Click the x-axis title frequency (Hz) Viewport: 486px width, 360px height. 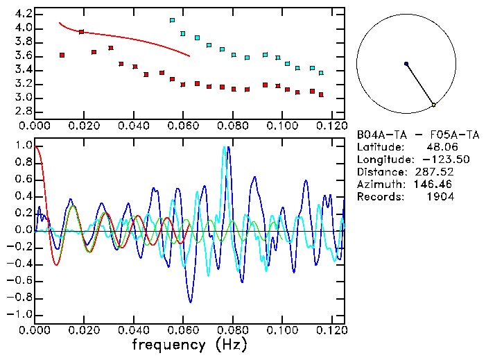click(x=189, y=345)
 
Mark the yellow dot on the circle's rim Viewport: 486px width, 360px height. click(x=434, y=105)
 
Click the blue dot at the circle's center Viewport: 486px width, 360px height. click(x=406, y=64)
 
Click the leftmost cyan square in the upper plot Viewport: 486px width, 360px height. click(x=173, y=20)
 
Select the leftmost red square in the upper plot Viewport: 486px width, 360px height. click(x=62, y=55)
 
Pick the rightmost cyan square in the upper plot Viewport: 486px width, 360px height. click(x=321, y=72)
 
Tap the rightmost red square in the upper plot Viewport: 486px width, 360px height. click(x=321, y=94)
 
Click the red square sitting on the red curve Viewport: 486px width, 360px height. click(x=82, y=32)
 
